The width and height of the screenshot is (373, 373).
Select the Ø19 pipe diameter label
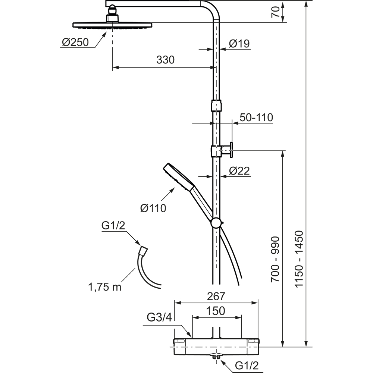(239, 44)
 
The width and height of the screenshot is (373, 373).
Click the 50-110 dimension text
(256, 117)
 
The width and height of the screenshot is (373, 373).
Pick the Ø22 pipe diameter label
(239, 171)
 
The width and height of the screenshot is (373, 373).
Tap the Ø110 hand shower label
(153, 207)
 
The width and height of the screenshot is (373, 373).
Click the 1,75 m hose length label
(105, 287)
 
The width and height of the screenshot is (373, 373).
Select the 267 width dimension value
(216, 296)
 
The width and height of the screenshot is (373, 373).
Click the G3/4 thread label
(159, 318)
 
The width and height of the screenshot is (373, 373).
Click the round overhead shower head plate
(112, 25)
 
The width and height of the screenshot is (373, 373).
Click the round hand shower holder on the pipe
(216, 223)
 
